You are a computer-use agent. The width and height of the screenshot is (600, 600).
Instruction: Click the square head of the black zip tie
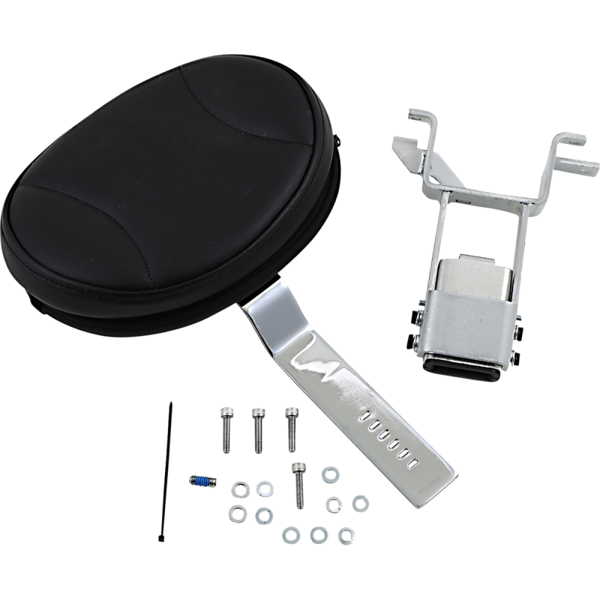pyautogui.click(x=163, y=534)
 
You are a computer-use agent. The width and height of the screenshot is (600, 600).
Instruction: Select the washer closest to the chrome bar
pyautogui.click(x=329, y=473)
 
